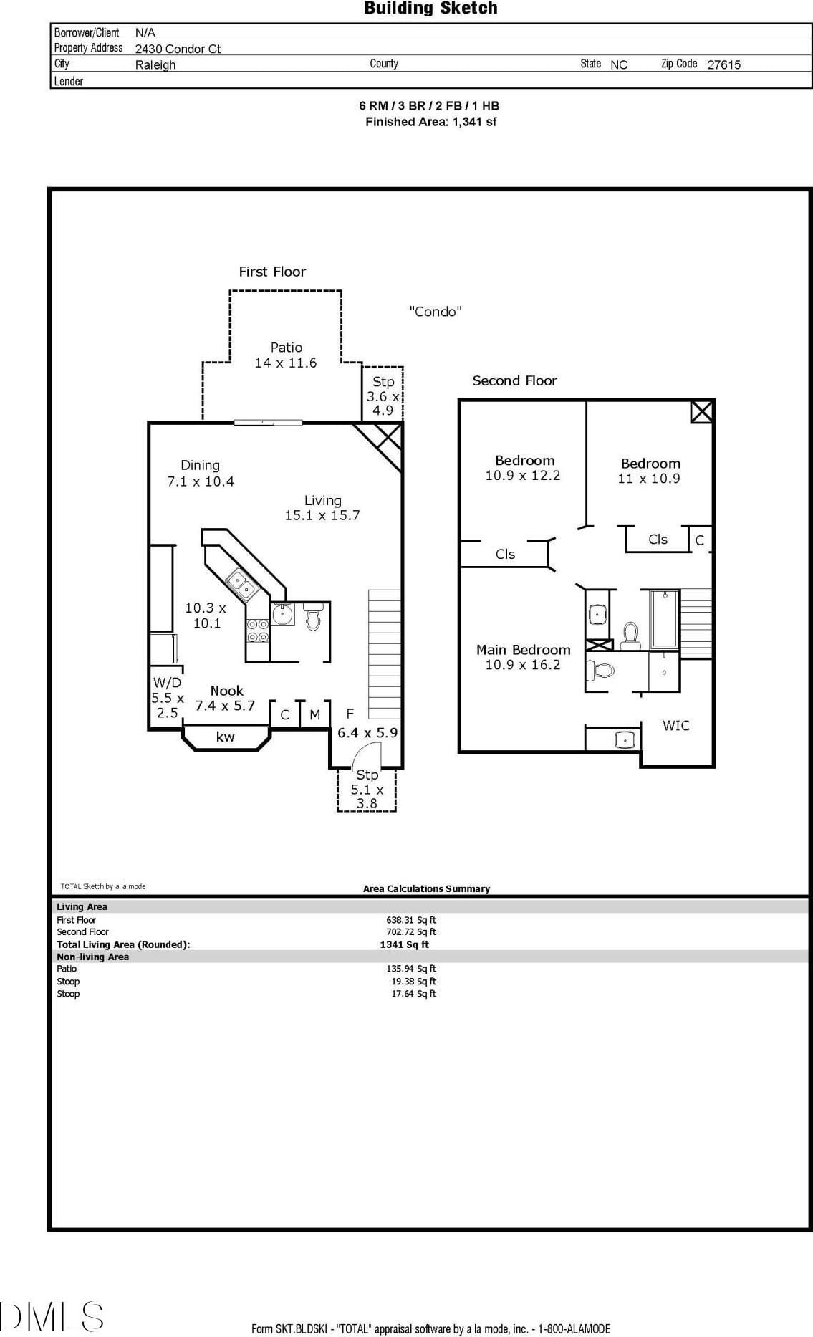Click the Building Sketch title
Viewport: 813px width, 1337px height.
[430, 9]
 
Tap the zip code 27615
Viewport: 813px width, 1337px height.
[723, 64]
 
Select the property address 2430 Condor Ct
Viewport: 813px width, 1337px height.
[178, 49]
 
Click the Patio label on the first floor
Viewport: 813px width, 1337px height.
[286, 348]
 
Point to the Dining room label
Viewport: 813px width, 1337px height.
[200, 466]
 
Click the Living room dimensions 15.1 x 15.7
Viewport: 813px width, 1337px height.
[322, 515]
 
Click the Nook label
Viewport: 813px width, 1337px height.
[226, 691]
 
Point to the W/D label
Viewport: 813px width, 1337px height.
[167, 683]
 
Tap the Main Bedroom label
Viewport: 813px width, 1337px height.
[523, 650]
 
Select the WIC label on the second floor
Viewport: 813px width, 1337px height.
[675, 726]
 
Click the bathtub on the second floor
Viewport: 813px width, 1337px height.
[664, 618]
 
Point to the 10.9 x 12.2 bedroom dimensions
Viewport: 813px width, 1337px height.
[523, 476]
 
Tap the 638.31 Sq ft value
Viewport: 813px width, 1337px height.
[411, 920]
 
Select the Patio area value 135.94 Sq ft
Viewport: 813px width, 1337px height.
[411, 969]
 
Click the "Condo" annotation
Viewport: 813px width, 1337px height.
[436, 312]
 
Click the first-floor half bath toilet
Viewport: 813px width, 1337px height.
[313, 617]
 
